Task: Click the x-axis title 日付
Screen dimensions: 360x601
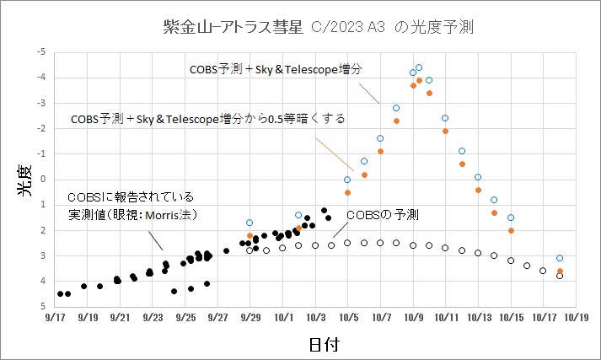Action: (x=324, y=344)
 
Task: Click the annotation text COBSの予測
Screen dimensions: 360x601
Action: (x=383, y=215)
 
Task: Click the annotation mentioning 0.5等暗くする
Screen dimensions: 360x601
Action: (x=209, y=119)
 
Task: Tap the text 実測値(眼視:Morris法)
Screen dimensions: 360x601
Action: (x=132, y=215)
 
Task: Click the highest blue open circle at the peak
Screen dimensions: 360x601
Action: (x=419, y=67)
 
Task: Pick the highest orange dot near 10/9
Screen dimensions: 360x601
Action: (x=419, y=81)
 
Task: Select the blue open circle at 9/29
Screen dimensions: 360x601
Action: (x=250, y=223)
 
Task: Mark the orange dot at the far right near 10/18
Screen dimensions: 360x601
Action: (x=560, y=271)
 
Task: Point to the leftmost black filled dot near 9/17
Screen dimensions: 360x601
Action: (x=60, y=293)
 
